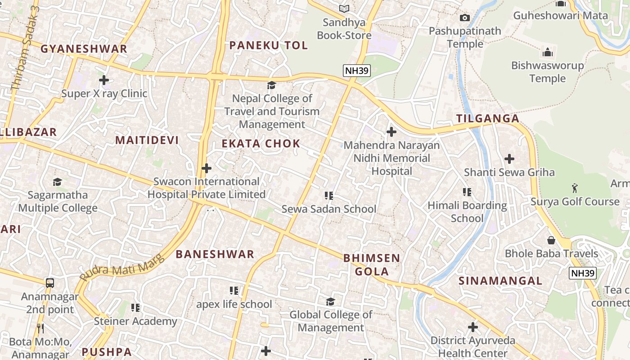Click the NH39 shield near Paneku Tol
pos(356,70)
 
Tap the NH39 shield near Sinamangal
pos(582,273)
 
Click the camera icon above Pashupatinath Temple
pos(465,18)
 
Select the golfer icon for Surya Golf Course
pos(575,188)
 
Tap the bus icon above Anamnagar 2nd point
pos(50,283)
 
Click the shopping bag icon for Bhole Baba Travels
pos(551,240)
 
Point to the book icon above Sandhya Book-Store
pos(344,9)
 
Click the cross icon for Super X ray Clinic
pos(104,80)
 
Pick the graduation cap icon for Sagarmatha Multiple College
pos(57,182)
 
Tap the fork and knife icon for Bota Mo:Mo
pos(40,328)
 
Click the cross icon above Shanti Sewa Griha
pos(509,159)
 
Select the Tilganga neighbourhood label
pos(488,119)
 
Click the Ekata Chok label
pos(261,144)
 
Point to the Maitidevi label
pos(147,140)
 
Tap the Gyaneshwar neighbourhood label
pos(84,49)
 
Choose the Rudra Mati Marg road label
pos(120,269)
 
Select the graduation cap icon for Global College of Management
pos(331,301)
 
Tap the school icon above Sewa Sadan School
pos(329,196)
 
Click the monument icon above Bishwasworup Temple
pos(547,52)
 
